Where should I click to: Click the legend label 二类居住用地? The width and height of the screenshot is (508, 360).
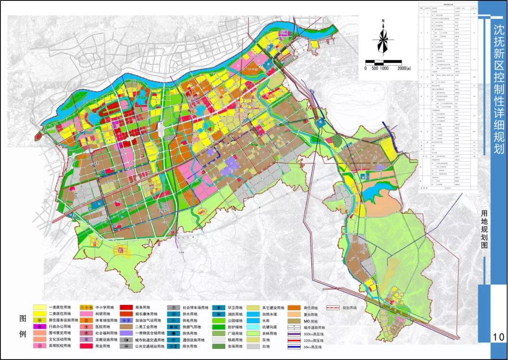tap(60, 313)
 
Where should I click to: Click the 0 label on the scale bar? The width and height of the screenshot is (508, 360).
tap(365, 68)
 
